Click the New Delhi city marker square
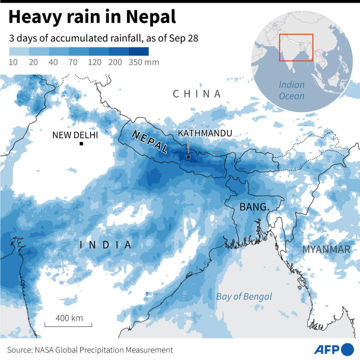[81, 143]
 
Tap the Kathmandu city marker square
[188, 157]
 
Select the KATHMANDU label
[205, 133]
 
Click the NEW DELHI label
[75, 135]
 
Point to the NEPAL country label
[150, 142]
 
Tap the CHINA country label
[197, 94]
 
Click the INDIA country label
[105, 245]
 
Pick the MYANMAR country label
[326, 249]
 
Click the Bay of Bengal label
[244, 296]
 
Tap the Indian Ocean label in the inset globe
[292, 90]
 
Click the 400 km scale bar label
[69, 318]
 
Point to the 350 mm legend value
[144, 62]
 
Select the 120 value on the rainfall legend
[94, 62]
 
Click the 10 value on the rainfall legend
[13, 62]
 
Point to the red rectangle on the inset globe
[296, 47]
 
